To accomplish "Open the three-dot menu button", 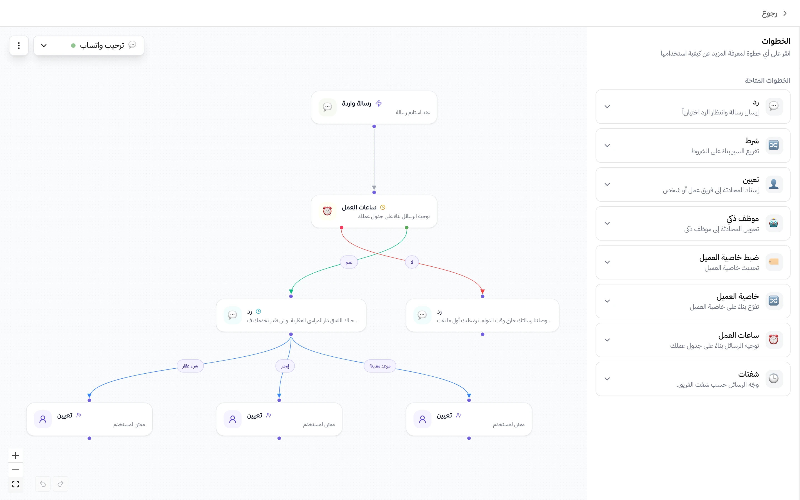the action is point(19,45).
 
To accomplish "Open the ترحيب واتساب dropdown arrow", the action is point(44,45).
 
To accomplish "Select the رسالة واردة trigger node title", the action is point(356,104).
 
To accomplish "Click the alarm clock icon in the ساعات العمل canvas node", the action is point(327,211).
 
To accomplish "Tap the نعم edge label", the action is point(349,262).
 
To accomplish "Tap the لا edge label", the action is point(412,262).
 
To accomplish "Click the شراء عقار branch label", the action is point(190,366).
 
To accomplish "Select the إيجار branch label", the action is point(285,366).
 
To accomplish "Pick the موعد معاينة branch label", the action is point(380,366).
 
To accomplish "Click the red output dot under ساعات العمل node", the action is point(341,227).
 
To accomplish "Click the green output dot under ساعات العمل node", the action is point(407,227).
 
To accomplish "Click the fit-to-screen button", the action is point(16,484).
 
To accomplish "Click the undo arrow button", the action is point(43,484).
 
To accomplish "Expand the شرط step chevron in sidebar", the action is point(607,146).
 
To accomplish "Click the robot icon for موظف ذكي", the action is point(774,223).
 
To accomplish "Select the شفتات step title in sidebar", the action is point(748,374).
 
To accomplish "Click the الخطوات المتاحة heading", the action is point(767,80).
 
